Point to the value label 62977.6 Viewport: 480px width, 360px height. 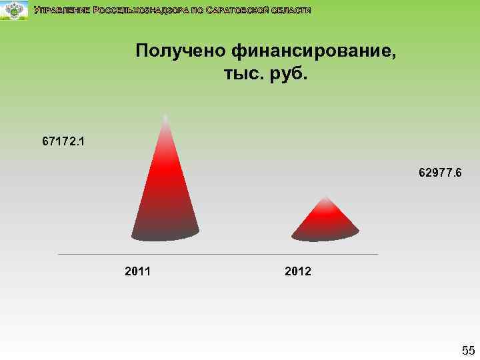[440, 173]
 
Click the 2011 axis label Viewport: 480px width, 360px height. [137, 271]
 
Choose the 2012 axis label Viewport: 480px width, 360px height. [297, 271]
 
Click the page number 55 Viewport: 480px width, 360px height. [468, 350]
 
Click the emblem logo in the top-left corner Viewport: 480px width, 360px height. [14, 10]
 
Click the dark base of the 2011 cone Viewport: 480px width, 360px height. [165, 233]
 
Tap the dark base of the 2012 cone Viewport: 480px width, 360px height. [325, 233]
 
